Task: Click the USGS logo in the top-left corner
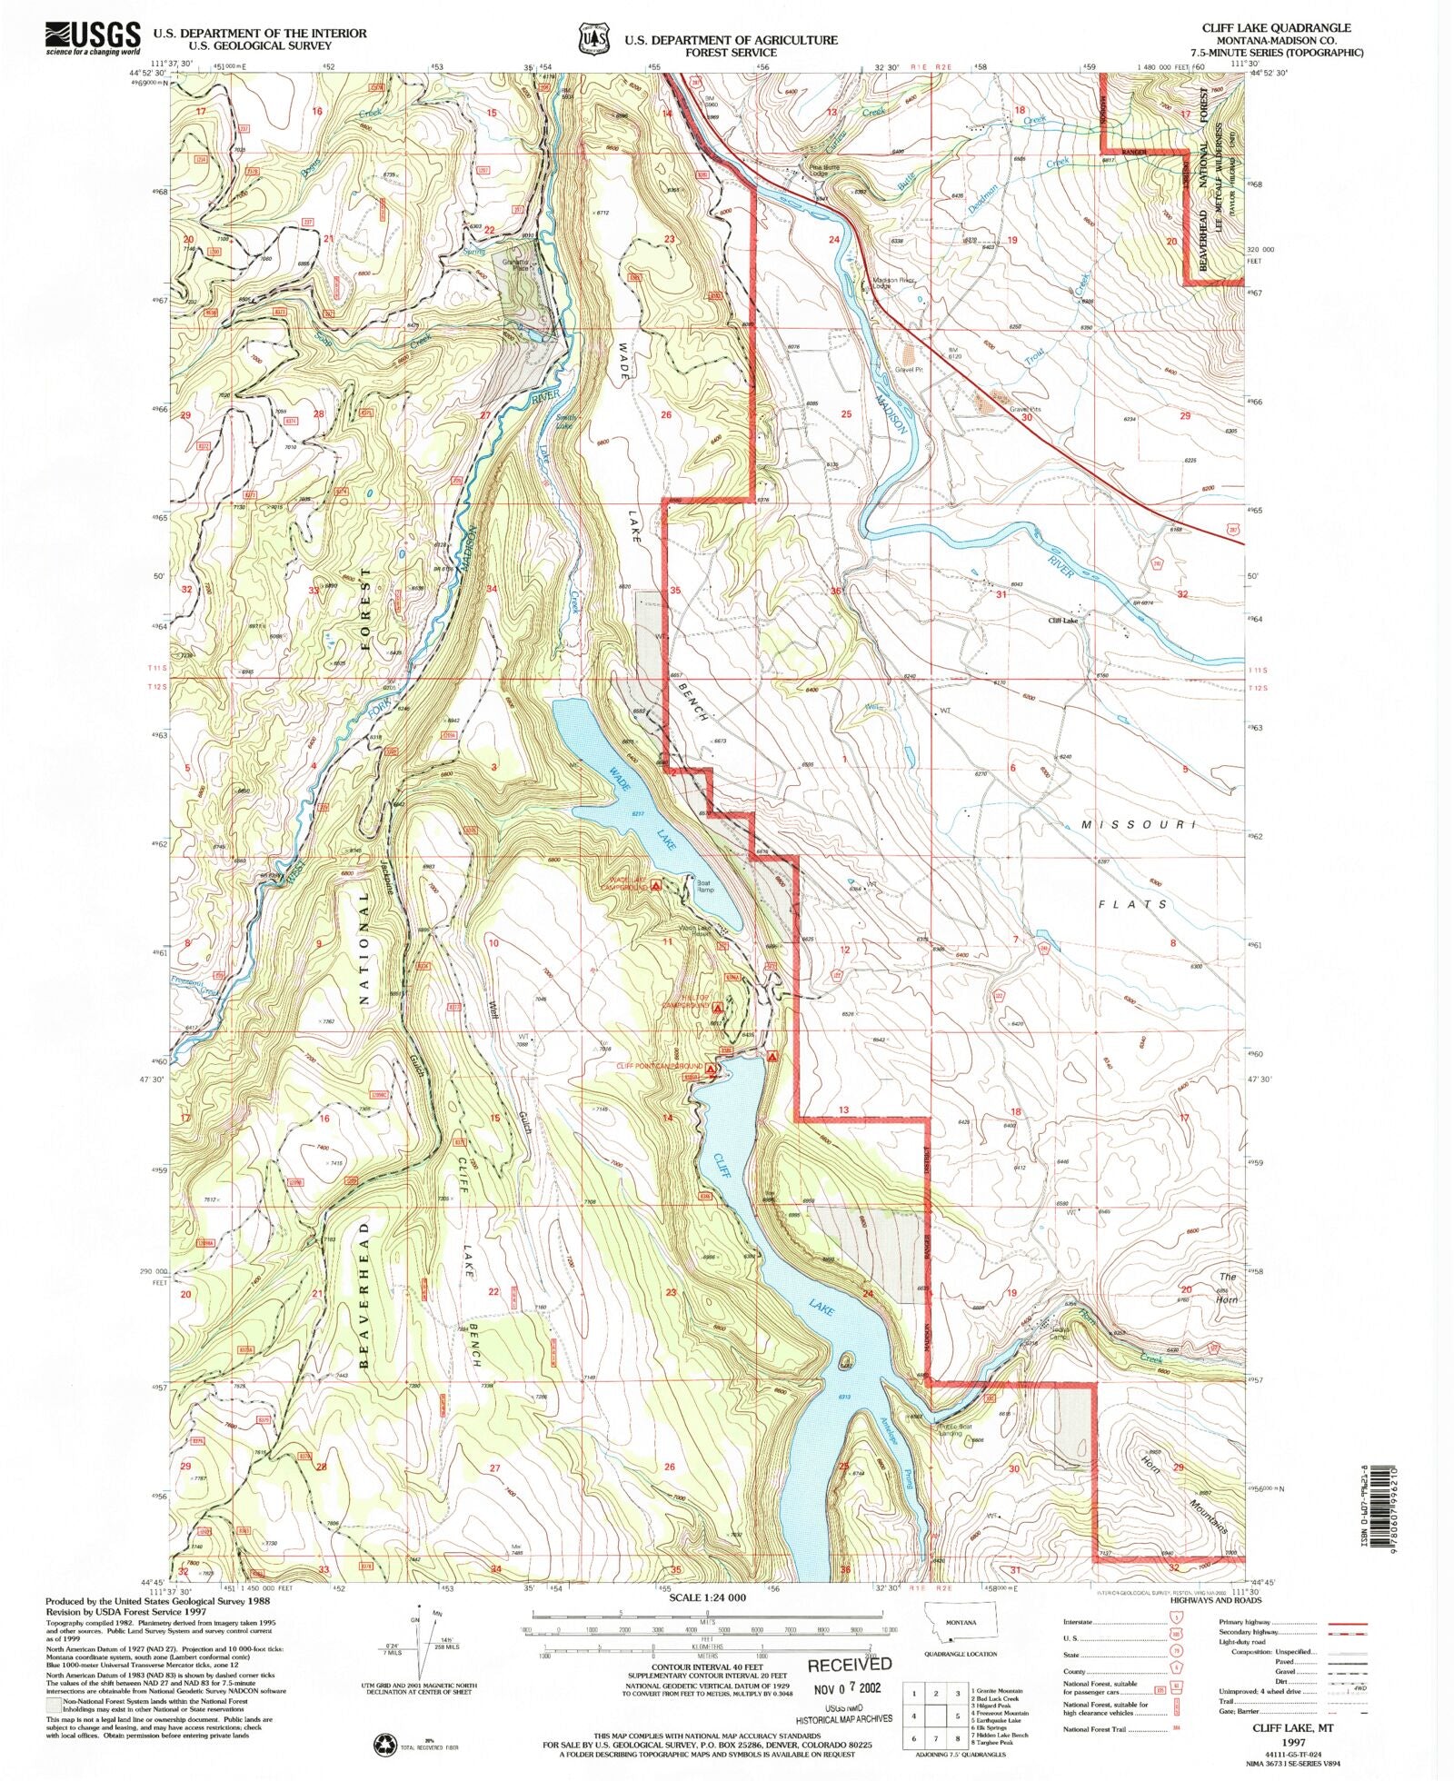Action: click(x=92, y=39)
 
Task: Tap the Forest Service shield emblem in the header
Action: click(x=592, y=40)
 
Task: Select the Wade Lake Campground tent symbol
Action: click(x=656, y=885)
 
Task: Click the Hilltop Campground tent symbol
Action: click(x=718, y=1008)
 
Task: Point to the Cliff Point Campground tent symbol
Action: click(x=713, y=1067)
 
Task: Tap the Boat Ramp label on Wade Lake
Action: click(x=705, y=885)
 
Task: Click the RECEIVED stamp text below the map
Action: click(x=850, y=1664)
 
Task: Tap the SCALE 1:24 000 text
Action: click(x=707, y=1597)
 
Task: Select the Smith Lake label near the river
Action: click(x=564, y=421)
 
